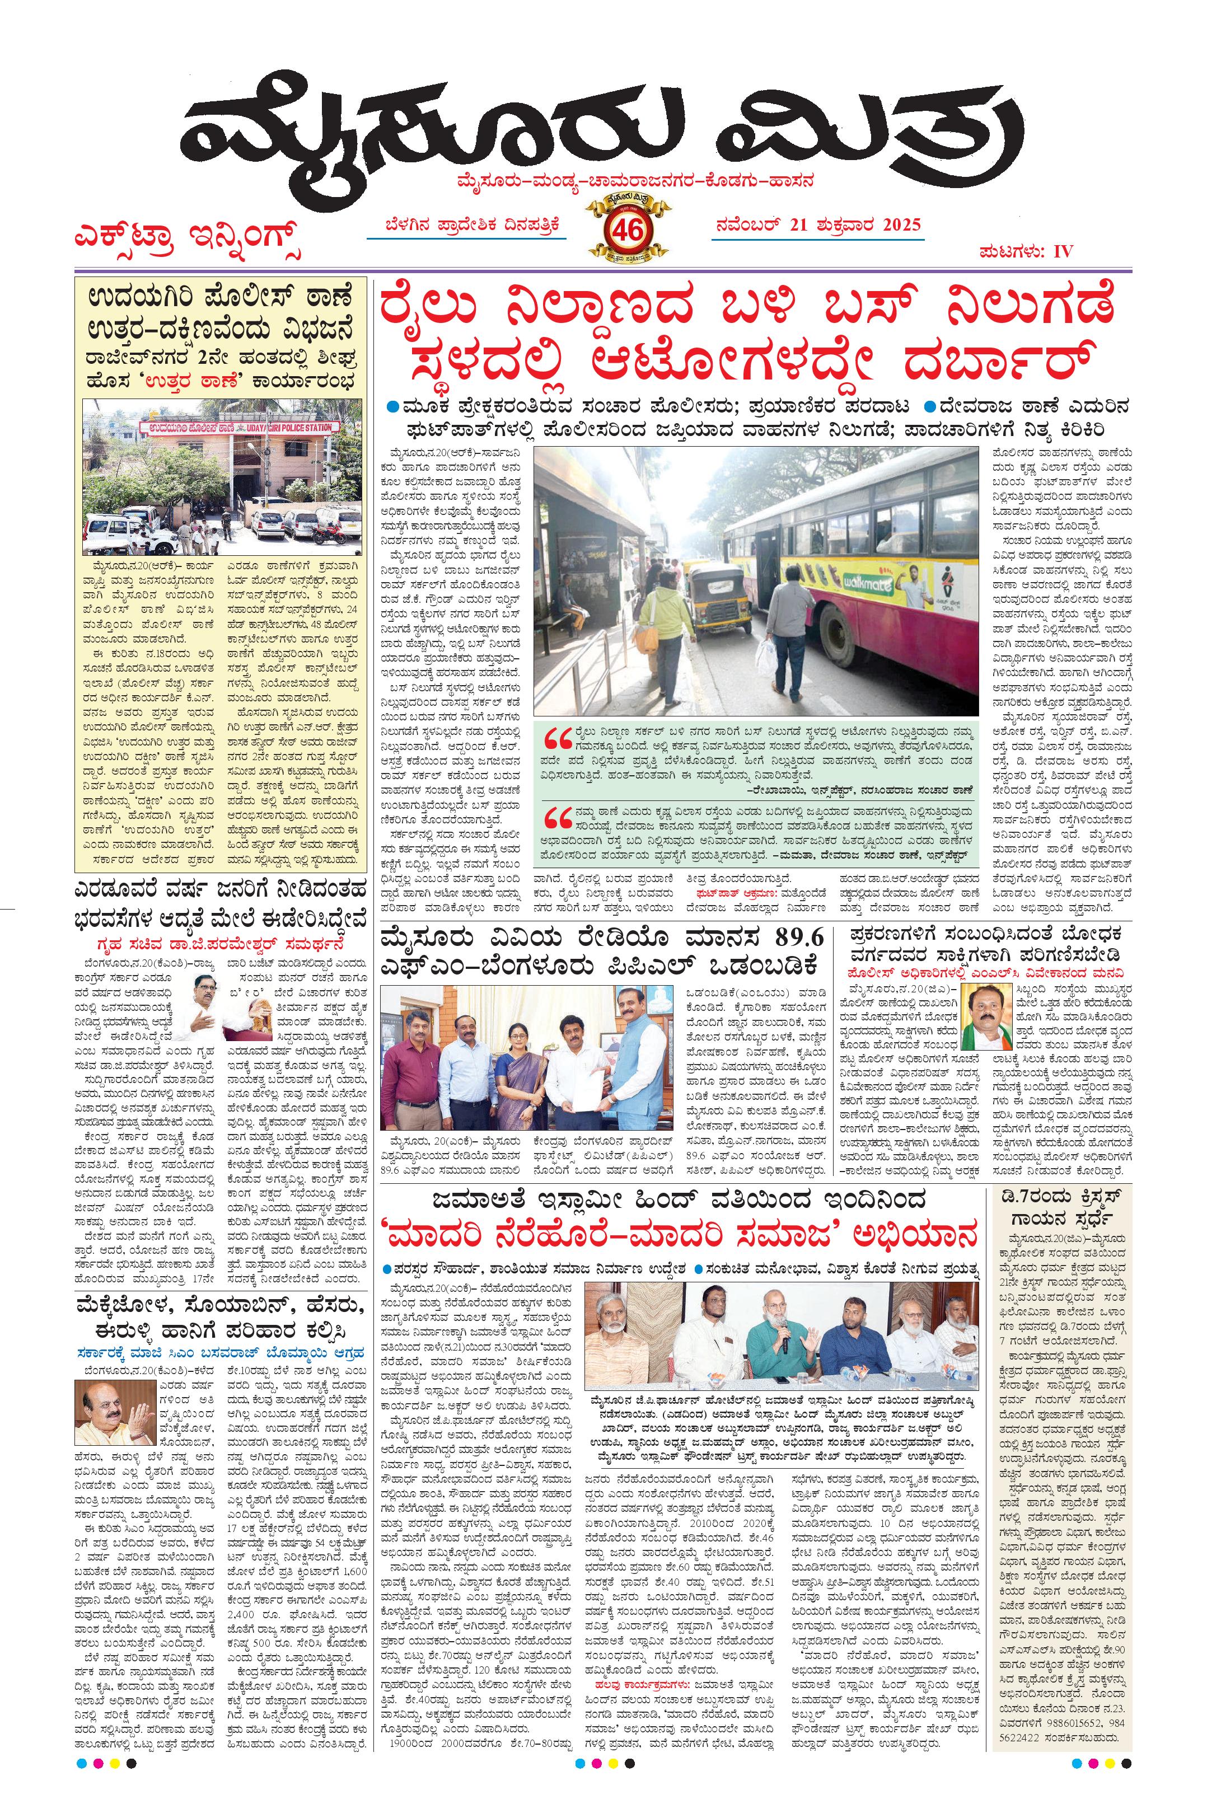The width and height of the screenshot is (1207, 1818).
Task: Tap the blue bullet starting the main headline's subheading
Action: coord(394,406)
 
